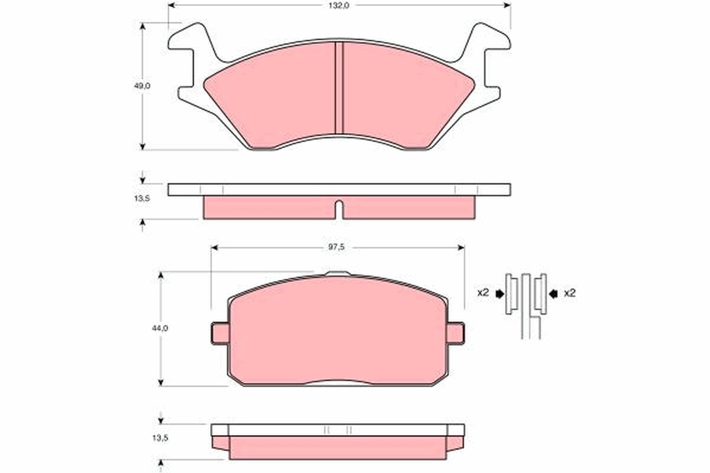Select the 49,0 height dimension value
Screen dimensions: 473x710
(x=142, y=86)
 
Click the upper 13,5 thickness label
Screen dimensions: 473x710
(x=142, y=199)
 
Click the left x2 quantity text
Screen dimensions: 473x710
(x=483, y=293)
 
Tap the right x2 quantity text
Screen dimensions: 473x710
(x=569, y=293)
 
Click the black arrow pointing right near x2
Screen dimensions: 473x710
(x=500, y=293)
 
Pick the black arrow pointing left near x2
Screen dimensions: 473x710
(x=553, y=293)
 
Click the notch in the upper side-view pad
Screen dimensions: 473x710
(x=339, y=209)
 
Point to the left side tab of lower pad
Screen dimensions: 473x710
(x=219, y=333)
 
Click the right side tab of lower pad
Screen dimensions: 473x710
(x=456, y=333)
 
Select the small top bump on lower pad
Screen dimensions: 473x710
(x=338, y=274)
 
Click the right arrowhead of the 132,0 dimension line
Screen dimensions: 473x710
(x=507, y=5)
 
